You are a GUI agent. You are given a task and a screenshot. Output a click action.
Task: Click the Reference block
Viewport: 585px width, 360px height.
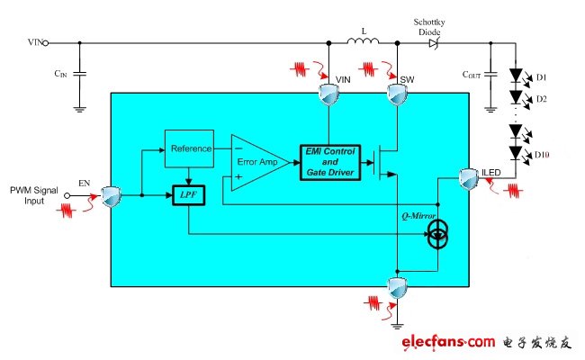point(189,148)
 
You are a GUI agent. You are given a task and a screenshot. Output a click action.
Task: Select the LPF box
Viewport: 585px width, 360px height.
point(189,195)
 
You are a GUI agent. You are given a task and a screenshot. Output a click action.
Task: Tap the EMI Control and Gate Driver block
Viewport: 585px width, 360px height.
point(330,162)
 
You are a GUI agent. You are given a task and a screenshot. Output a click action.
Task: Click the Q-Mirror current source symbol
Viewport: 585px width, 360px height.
point(437,234)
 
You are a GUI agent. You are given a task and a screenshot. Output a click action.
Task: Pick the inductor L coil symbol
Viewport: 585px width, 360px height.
point(363,40)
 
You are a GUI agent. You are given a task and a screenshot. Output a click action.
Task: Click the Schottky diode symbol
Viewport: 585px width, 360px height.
point(433,43)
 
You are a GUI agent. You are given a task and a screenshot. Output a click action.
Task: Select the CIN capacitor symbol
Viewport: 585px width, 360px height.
point(79,74)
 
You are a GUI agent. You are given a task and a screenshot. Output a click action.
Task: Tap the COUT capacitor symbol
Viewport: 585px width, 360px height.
point(490,74)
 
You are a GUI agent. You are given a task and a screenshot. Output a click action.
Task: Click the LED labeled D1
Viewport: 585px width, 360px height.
point(516,76)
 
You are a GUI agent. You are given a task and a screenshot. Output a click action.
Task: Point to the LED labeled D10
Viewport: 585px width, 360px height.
point(516,153)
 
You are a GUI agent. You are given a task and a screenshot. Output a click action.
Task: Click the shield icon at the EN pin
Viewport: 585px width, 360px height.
point(112,196)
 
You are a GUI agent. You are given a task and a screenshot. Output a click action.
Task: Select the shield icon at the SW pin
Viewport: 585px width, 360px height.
point(397,94)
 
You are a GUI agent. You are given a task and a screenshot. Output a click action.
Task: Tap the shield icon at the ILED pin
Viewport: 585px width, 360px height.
point(469,179)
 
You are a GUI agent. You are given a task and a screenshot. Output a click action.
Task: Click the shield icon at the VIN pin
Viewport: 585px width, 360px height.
point(328,94)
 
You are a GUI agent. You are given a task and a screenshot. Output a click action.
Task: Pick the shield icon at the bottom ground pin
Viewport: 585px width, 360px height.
point(397,288)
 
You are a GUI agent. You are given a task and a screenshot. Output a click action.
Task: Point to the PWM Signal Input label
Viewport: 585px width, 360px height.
point(34,195)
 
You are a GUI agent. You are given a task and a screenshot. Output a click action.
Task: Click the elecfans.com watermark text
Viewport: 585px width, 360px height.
point(448,342)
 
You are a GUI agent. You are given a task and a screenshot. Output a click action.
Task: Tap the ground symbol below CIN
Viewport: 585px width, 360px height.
point(79,109)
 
